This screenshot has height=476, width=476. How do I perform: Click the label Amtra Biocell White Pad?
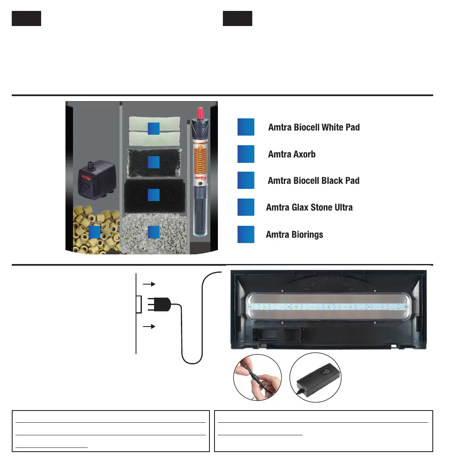tap(314, 127)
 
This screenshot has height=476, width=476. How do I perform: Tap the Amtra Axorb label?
tap(292, 154)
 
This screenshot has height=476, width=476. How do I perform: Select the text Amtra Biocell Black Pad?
tap(314, 180)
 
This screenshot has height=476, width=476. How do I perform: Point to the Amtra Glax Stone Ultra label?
tap(309, 207)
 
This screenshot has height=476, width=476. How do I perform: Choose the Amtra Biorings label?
tap(294, 234)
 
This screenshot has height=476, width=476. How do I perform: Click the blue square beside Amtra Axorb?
tap(246, 154)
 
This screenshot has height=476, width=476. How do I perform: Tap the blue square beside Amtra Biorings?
tap(246, 234)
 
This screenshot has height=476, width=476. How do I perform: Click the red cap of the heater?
tap(200, 112)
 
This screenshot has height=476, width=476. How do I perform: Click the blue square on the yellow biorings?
tap(94, 232)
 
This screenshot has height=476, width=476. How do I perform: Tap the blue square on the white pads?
tap(154, 128)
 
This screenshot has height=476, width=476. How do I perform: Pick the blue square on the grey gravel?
tap(154, 232)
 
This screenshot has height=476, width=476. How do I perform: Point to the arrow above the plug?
tap(149, 284)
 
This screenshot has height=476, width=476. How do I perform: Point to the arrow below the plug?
tap(149, 326)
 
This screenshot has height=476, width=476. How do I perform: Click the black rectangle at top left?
tap(26, 19)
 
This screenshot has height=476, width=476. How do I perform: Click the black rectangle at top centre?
tap(238, 19)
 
